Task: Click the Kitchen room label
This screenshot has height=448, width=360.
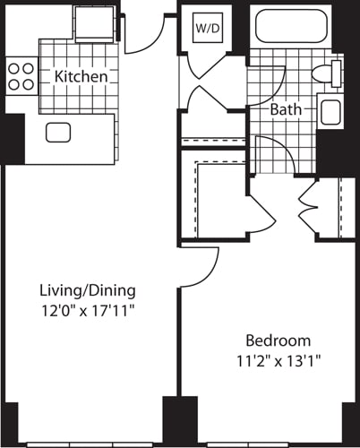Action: [x=81, y=77]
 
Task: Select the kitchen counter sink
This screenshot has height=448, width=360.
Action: [x=59, y=133]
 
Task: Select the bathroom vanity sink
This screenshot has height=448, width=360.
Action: [x=330, y=112]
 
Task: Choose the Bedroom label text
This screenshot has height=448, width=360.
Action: [x=279, y=340]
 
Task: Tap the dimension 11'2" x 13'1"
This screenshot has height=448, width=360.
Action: [x=279, y=361]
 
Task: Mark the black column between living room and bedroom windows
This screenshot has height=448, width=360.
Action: [x=173, y=418]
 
